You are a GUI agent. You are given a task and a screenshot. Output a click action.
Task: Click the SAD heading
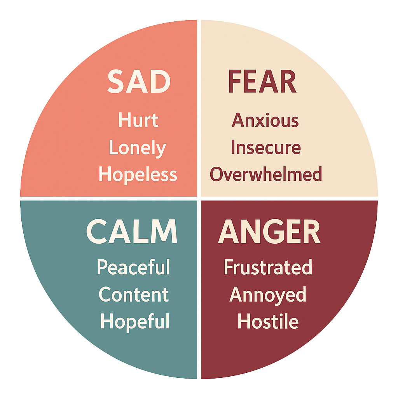click(x=139, y=82)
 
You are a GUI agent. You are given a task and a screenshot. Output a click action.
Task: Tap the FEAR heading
click(x=262, y=82)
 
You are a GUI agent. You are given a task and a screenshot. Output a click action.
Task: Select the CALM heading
click(x=132, y=232)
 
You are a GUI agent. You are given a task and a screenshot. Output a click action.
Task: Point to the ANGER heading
click(x=269, y=232)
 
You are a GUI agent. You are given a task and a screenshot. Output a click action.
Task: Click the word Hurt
click(x=138, y=120)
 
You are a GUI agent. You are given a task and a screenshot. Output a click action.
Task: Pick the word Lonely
click(x=138, y=148)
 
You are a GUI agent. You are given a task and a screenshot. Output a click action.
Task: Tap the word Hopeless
click(x=138, y=175)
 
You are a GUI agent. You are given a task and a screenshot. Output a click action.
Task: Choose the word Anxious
click(x=265, y=120)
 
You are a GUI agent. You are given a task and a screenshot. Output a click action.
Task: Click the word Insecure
click(x=266, y=148)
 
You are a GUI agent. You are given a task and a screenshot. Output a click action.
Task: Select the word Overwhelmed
click(x=266, y=175)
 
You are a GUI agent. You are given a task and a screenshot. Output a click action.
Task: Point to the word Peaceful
click(x=134, y=268)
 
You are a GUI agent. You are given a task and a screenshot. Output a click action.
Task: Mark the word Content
click(x=134, y=295)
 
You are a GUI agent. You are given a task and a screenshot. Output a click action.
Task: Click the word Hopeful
click(x=135, y=322)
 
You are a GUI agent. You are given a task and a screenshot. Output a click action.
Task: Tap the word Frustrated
click(x=268, y=267)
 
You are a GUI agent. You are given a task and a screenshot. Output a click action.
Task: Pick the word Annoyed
click(x=268, y=295)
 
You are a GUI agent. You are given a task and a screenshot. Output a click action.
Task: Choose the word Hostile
click(x=268, y=322)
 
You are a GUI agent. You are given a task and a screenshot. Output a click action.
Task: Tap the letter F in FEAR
click(x=235, y=82)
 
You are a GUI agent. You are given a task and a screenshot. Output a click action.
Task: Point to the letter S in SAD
click(x=117, y=82)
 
